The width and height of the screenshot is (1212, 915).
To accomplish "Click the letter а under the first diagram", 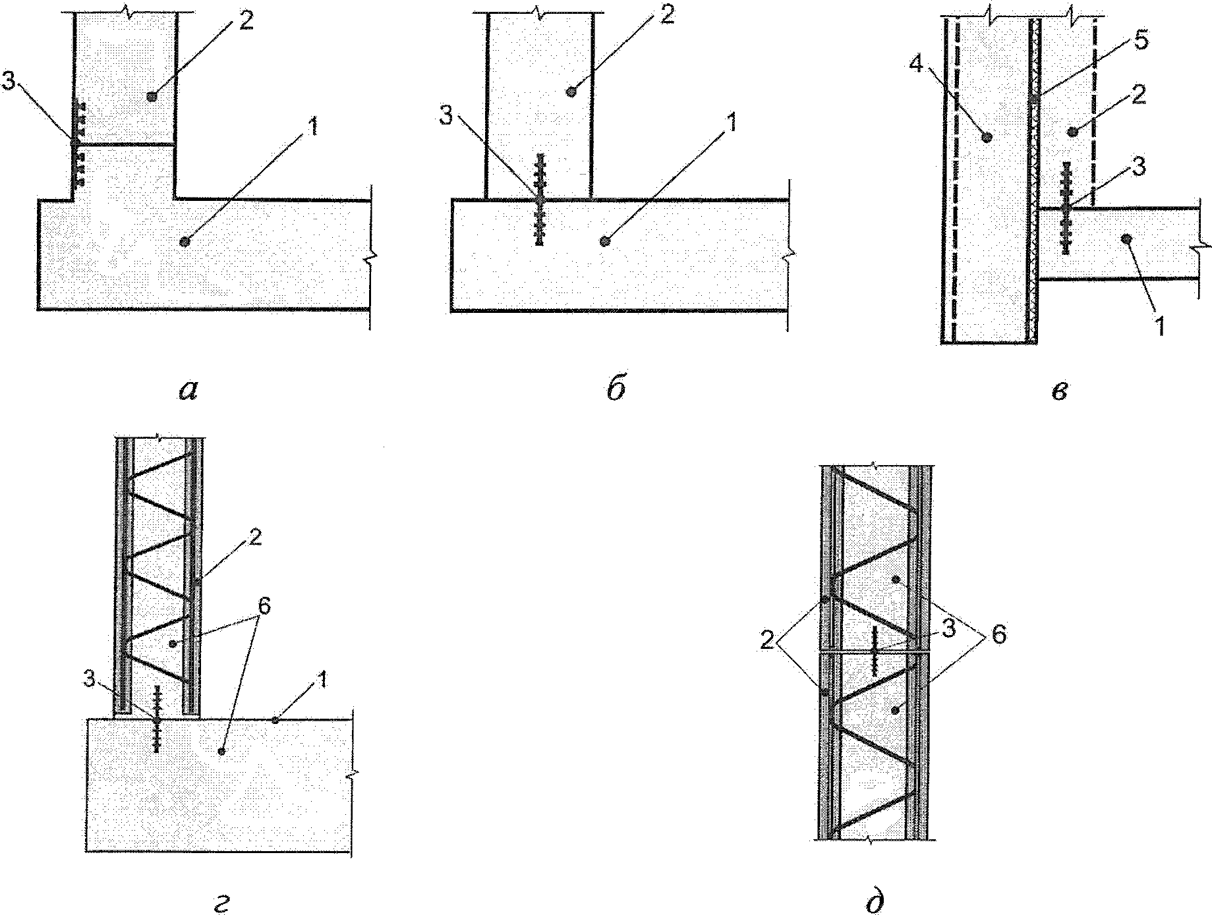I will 188,391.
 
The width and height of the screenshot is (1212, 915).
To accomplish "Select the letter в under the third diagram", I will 1059,391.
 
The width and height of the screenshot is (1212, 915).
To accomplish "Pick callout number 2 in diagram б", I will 668,16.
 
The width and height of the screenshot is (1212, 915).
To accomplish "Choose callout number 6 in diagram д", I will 998,636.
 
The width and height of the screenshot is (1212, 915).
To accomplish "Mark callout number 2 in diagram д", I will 766,640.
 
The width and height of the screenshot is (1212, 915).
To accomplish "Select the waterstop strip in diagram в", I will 1065,208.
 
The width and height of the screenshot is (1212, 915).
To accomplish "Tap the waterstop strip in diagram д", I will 875,652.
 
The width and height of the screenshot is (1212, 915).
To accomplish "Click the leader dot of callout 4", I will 987,137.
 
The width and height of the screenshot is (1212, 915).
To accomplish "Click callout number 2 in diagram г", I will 254,537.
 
